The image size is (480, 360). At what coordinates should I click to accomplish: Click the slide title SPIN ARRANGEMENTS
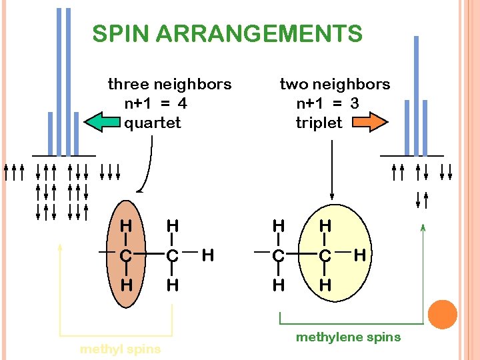click(227, 33)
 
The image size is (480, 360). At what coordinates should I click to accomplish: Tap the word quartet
click(153, 123)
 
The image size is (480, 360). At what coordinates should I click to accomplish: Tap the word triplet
click(319, 123)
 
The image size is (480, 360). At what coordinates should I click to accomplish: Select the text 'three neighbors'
click(169, 84)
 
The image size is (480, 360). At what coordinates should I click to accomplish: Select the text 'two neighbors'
click(335, 84)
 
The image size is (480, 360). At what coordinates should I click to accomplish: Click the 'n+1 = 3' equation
click(327, 103)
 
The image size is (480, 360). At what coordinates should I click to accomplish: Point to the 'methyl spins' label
click(120, 349)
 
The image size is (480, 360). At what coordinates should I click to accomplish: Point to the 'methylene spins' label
click(348, 337)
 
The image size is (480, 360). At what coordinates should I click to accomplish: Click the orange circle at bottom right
click(442, 315)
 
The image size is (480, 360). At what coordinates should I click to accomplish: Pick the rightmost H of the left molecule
click(207, 254)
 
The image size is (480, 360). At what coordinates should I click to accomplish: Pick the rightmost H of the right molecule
click(360, 254)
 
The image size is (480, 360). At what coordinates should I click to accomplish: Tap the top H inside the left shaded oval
click(125, 225)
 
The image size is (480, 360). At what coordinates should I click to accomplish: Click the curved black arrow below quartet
click(149, 167)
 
